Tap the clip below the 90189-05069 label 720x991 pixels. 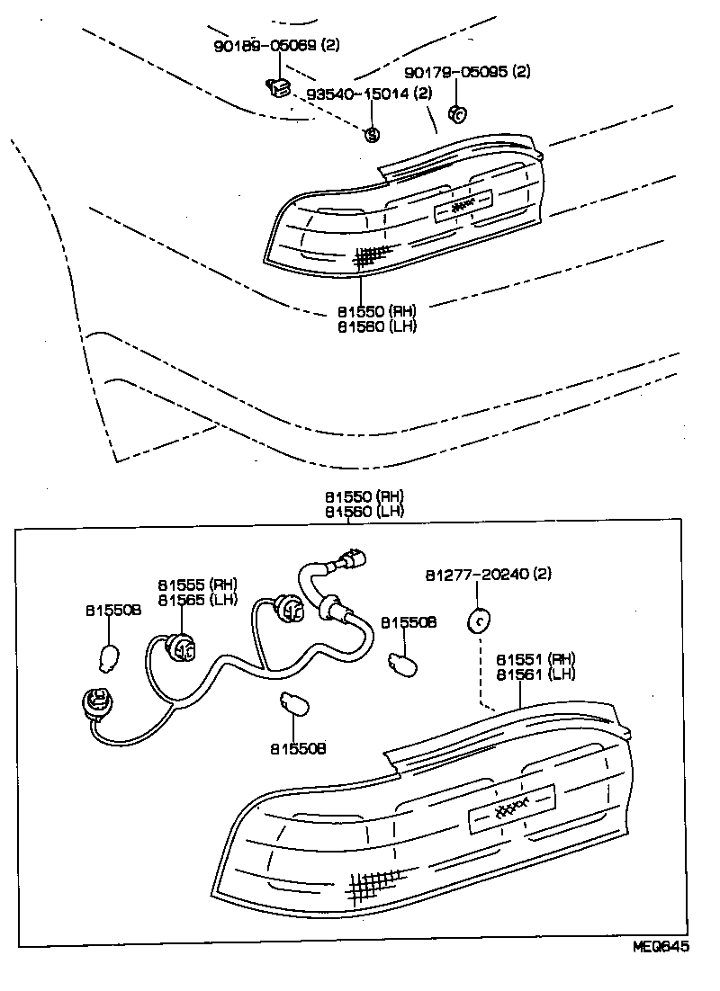coord(277,87)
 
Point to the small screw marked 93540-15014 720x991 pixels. coord(371,134)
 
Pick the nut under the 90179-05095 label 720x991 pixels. coord(456,114)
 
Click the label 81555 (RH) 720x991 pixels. coord(197,584)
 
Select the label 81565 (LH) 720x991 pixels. coord(197,600)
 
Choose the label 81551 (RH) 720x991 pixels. coord(535,658)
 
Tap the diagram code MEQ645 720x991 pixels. coord(662,972)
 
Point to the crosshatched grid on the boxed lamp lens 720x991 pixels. coord(372,888)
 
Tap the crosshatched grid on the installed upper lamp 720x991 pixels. coord(370,256)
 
